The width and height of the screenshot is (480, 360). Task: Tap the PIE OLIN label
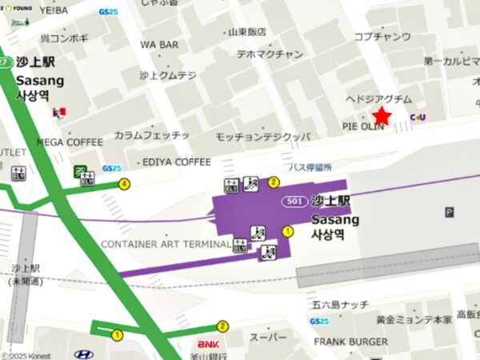click(x=364, y=127)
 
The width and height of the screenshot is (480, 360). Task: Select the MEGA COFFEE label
click(x=70, y=142)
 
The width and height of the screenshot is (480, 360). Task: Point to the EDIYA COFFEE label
click(x=176, y=162)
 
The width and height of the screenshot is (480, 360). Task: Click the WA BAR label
click(x=159, y=45)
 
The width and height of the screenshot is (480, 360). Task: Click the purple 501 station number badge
click(x=294, y=202)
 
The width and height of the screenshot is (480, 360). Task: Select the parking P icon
click(x=449, y=212)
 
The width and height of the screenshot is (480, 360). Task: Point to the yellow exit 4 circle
click(x=123, y=184)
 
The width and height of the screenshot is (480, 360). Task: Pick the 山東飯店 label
click(x=245, y=32)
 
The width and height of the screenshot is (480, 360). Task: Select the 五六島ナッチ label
click(x=341, y=305)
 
